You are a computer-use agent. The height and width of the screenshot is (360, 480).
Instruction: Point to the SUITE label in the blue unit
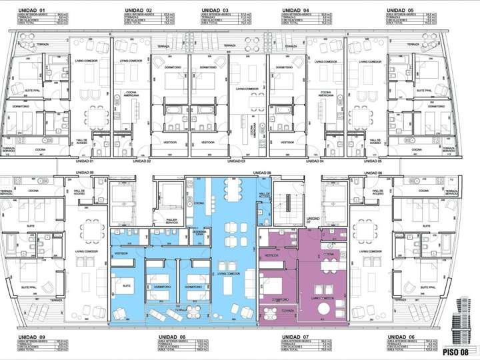tap(127, 285)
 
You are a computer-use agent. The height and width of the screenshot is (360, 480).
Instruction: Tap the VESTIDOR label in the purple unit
tap(271, 255)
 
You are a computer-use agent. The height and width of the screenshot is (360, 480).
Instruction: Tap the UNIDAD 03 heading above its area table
tap(215, 11)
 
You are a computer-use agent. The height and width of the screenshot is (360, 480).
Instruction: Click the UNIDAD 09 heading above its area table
tap(32, 337)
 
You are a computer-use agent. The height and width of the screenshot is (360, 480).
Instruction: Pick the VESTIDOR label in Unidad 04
tap(288, 142)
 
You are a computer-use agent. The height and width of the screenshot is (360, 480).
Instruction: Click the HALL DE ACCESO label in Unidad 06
tap(377, 192)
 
